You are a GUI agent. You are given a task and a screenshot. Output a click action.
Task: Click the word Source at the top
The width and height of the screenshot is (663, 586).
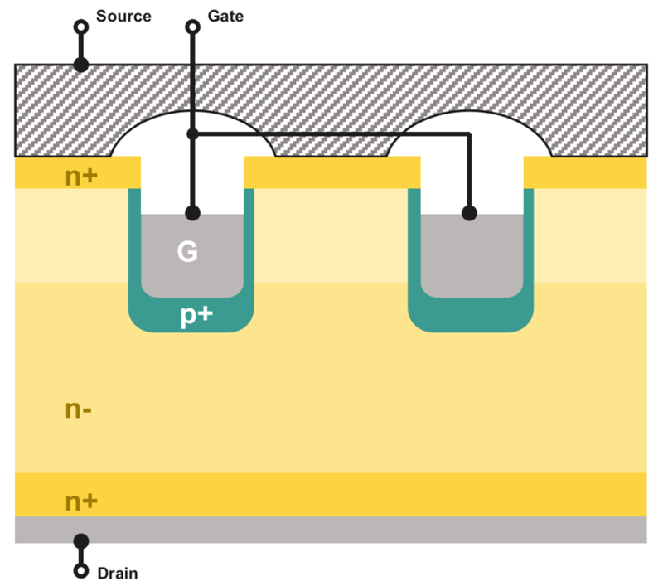pos(123,16)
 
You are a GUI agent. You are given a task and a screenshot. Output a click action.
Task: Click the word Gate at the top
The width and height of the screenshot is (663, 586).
pos(225,16)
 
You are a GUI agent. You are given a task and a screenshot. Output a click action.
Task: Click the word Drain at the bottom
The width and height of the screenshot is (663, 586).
pos(118,573)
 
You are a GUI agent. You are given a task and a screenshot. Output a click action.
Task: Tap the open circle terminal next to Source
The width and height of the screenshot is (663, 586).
pos(81,27)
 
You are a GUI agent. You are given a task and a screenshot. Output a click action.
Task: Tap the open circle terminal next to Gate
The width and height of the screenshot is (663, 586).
pos(192,27)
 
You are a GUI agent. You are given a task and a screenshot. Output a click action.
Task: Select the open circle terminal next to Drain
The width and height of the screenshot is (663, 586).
pos(81,571)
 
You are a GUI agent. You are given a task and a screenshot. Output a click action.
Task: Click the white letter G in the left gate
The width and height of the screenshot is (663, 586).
pos(188,252)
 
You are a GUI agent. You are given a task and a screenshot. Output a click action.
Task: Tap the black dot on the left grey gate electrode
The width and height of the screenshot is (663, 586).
pos(192,213)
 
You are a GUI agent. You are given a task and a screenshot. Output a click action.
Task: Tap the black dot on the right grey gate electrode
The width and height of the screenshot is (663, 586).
pos(469,213)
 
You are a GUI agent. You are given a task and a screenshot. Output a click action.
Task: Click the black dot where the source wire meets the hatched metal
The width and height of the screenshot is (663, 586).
pos(81,64)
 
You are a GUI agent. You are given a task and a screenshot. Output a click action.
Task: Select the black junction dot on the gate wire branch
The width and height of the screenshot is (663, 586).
pos(192,133)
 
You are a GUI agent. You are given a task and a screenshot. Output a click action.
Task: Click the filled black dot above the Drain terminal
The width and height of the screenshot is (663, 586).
pos(81,541)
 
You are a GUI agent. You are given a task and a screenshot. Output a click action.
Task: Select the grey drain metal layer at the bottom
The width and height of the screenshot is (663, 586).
pos(331,530)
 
